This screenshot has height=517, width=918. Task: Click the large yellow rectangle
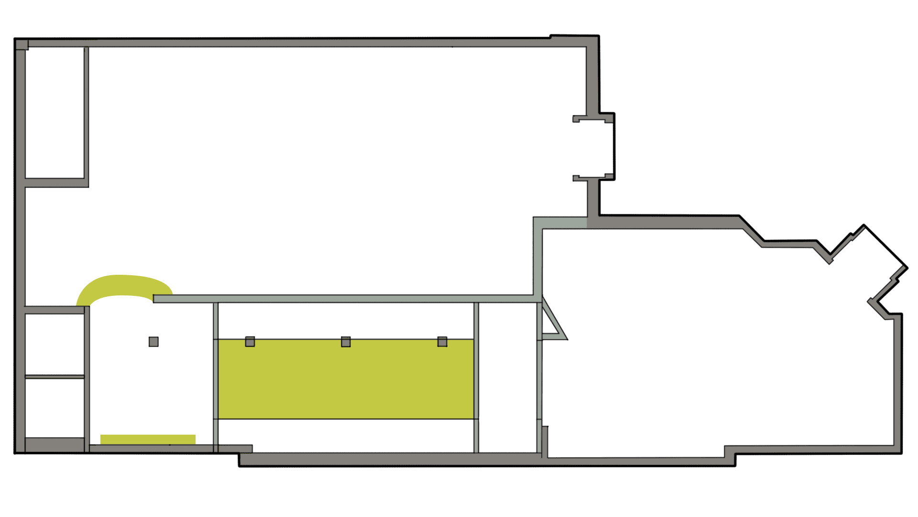click(x=346, y=379)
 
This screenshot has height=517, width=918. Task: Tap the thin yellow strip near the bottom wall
click(x=148, y=439)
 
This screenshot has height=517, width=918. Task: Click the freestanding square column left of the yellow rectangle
click(x=153, y=341)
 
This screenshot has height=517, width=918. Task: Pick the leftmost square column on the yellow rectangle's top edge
click(x=250, y=341)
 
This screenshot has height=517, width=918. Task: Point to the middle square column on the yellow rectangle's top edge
click(x=346, y=341)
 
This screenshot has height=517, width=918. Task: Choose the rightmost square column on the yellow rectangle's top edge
click(x=442, y=341)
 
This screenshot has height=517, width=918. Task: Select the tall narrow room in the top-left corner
click(x=55, y=113)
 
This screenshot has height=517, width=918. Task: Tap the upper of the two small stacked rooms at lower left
click(x=55, y=345)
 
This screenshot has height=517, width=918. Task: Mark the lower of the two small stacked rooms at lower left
click(x=55, y=408)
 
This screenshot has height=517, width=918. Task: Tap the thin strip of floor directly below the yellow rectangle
click(x=346, y=436)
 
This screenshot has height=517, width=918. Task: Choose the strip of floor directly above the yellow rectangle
click(x=346, y=321)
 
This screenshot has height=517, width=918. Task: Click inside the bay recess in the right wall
click(x=600, y=148)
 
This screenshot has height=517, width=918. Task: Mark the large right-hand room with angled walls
click(x=717, y=345)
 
